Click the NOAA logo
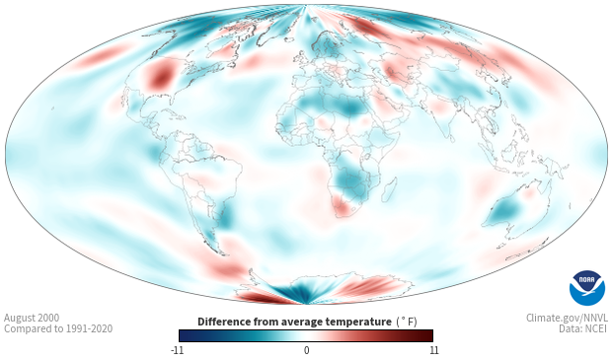587,288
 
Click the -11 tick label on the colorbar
177,350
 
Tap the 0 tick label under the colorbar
306,350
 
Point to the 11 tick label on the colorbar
433,350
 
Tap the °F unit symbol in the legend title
407,322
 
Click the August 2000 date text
32,318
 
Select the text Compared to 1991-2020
58,328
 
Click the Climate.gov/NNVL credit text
567,318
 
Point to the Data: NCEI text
583,328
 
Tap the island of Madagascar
389,189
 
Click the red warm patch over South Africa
342,207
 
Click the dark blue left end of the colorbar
187,335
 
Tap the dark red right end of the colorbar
425,335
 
